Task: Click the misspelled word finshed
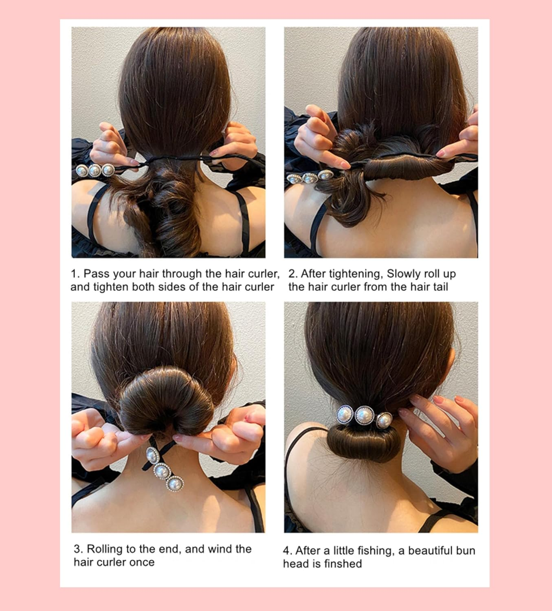pyautogui.click(x=346, y=564)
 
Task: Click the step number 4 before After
pyautogui.click(x=286, y=551)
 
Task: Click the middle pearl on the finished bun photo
pyautogui.click(x=365, y=415)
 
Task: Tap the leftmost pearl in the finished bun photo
pyautogui.click(x=345, y=414)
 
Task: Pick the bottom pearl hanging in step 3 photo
pyautogui.click(x=175, y=484)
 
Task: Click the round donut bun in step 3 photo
pyautogui.click(x=167, y=401)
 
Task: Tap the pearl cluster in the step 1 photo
pyautogui.click(x=95, y=170)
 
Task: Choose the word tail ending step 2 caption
pyautogui.click(x=440, y=287)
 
